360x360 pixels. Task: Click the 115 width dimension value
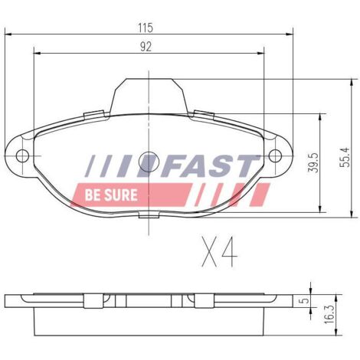point(146,28)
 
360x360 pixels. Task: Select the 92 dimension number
point(146,47)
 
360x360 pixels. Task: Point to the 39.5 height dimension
point(313,162)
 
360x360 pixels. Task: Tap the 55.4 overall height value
point(345,158)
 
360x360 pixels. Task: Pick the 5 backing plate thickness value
point(304,300)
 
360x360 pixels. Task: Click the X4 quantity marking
point(220,252)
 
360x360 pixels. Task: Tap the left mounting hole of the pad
point(22,155)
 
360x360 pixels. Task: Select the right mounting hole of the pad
point(275,155)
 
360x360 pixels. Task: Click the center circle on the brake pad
point(149,162)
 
